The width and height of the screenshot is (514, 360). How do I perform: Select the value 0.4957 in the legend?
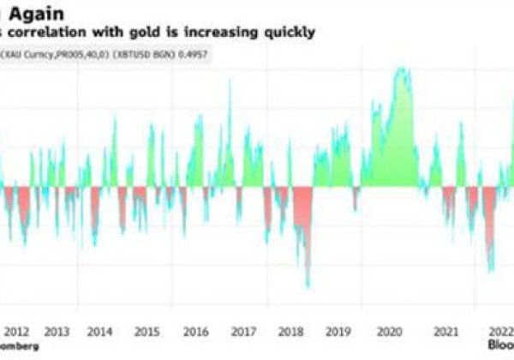(x=193, y=52)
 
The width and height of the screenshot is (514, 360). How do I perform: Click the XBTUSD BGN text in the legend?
(x=146, y=52)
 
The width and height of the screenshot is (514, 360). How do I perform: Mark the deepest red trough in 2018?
(x=308, y=286)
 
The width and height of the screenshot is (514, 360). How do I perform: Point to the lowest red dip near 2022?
(x=491, y=271)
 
